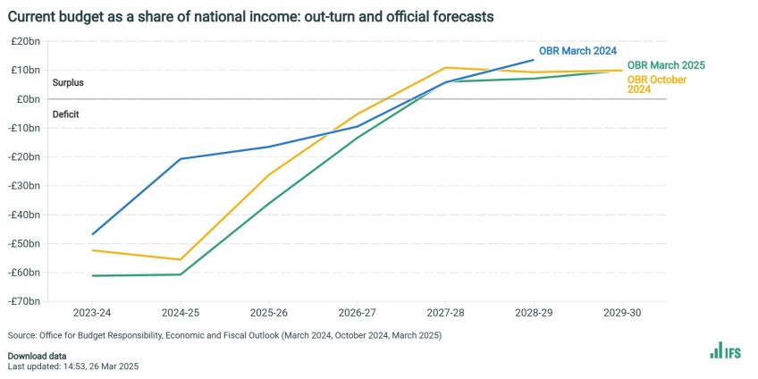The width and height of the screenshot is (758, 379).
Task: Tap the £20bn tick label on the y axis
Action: coord(24,41)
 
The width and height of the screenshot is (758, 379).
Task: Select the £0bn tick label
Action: coord(27,99)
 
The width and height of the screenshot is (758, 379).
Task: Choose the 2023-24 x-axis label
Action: coord(93,315)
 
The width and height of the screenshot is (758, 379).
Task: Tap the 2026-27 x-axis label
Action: coord(358,315)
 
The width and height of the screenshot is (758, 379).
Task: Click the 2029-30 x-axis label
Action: coord(621,315)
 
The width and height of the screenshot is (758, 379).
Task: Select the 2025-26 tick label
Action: coord(269,315)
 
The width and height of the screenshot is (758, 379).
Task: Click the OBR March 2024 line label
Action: coord(577,50)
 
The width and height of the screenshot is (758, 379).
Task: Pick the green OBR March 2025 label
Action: coord(666,65)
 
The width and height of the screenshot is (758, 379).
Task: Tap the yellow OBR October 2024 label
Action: coord(656,84)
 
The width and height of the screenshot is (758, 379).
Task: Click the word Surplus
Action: coord(68,83)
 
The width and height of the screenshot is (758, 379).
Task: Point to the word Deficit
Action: coord(65,114)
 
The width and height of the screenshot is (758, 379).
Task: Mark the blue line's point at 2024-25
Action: coord(181,159)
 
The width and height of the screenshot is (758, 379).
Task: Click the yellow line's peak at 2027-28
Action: coord(445,68)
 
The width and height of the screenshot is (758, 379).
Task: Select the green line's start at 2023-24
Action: coord(93,275)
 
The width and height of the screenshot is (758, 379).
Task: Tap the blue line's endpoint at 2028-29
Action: coord(533,60)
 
